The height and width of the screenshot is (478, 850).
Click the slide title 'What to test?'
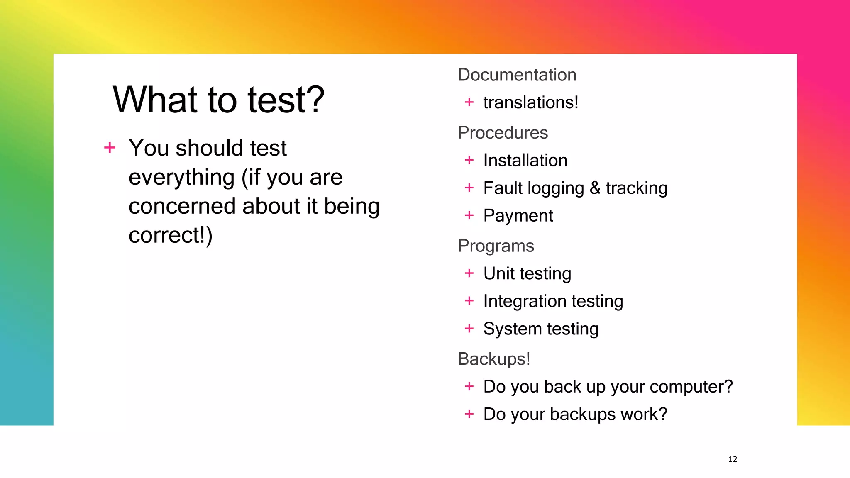coord(218,100)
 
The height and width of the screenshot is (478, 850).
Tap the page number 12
coord(733,459)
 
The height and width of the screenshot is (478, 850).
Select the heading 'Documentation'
coord(517,75)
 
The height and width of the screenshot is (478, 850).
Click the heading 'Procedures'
coord(503,133)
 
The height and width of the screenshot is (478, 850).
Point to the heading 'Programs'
coord(496,246)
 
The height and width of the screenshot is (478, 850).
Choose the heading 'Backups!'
coord(494,359)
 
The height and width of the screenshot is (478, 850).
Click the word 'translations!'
coord(530,102)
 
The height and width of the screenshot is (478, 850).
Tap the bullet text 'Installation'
coord(525,161)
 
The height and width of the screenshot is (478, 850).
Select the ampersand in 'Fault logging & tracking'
coord(595,188)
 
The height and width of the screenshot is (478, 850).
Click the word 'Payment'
coord(518,216)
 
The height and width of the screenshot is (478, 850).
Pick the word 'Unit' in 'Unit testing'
coord(498,273)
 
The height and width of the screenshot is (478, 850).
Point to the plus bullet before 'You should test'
coord(110,147)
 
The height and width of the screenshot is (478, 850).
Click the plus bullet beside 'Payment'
coord(469,215)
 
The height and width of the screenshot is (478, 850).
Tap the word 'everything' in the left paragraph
coord(182,177)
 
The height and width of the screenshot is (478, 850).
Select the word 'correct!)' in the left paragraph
coord(170,235)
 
